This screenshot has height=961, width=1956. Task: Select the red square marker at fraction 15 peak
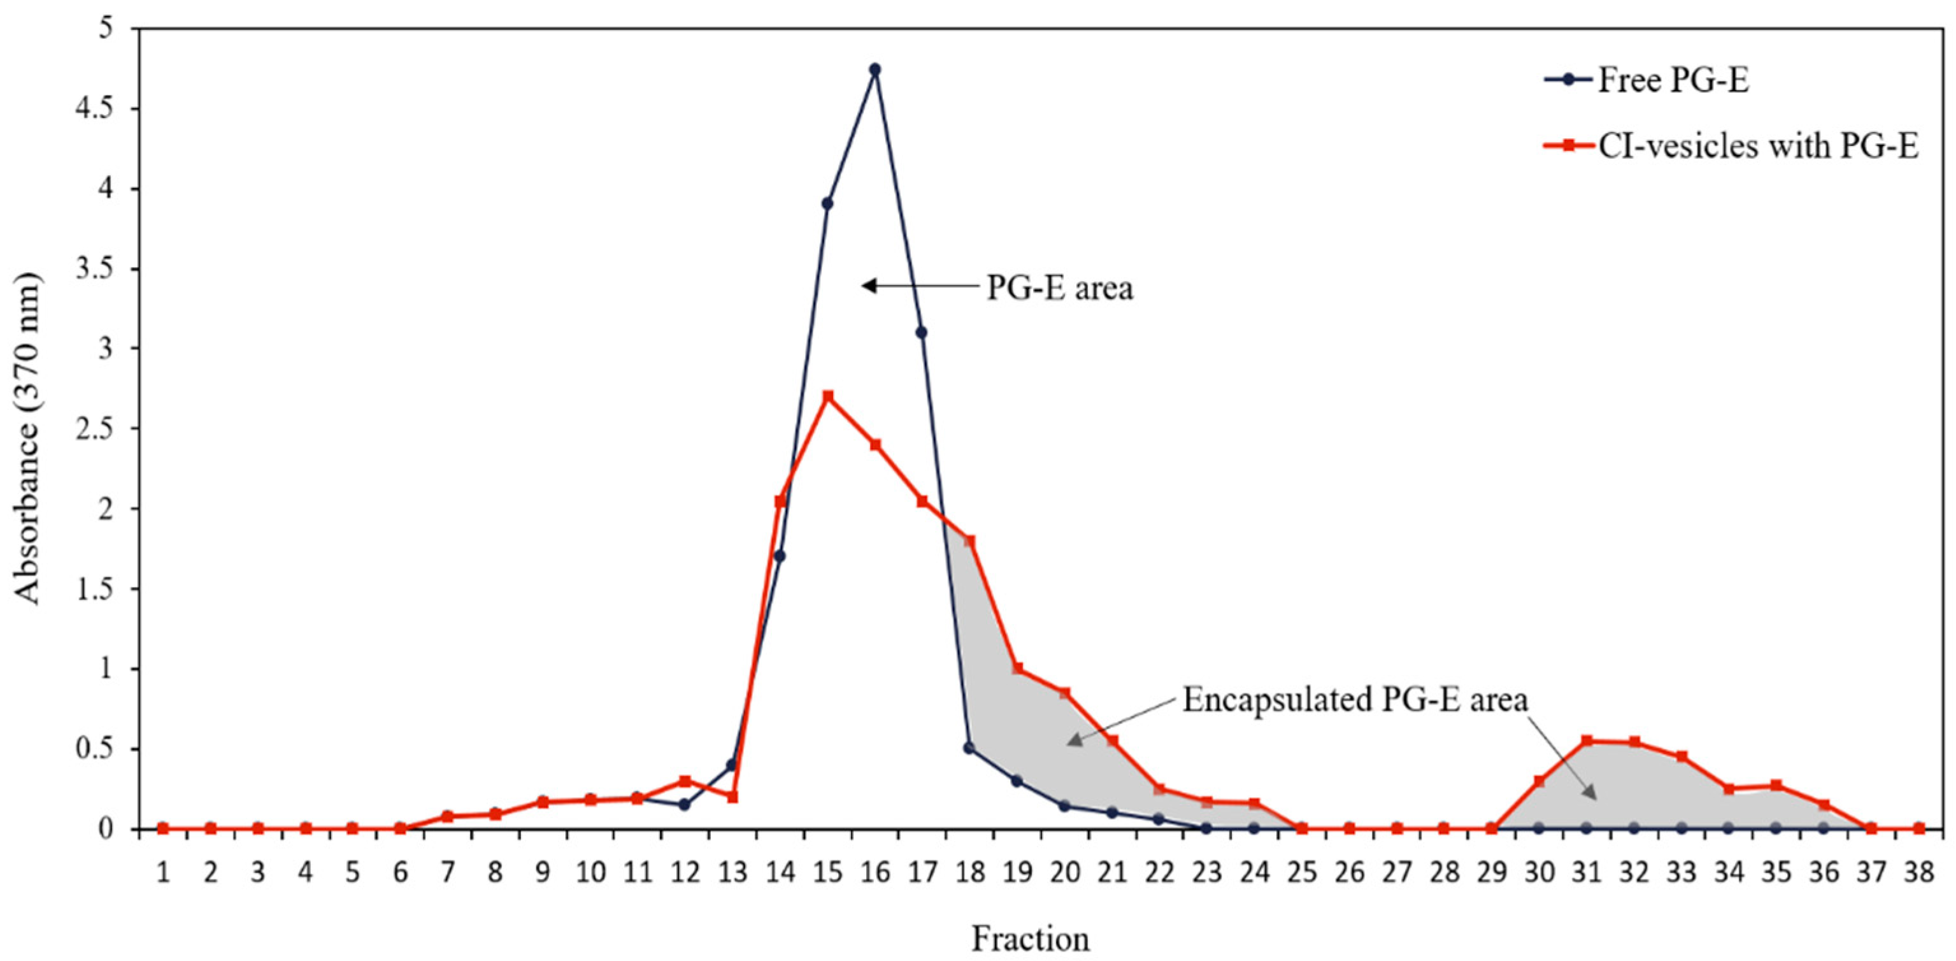coord(827,396)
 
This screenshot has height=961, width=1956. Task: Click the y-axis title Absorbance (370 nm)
coord(28,440)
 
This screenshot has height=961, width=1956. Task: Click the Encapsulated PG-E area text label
coord(1355,700)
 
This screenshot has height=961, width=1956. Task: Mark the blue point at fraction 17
coord(922,333)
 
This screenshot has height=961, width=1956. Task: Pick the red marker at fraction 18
coord(969,541)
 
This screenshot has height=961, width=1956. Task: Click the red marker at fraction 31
coord(1586,741)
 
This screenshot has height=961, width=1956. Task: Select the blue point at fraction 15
coord(827,203)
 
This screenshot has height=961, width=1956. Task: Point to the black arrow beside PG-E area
coord(919,286)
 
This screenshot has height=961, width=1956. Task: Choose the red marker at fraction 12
coord(685,781)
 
